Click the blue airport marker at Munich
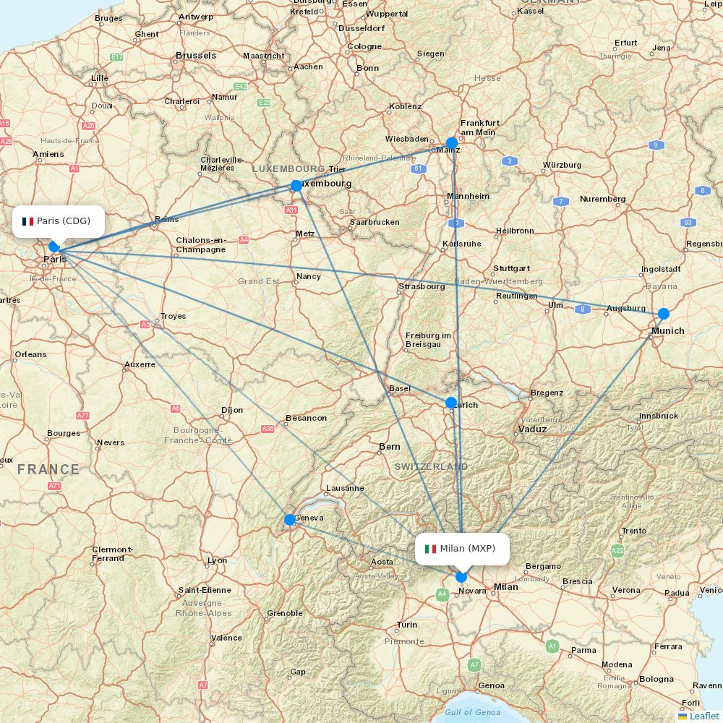(664, 314)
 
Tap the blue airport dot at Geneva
(290, 519)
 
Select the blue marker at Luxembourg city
(296, 186)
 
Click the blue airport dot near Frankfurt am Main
(452, 142)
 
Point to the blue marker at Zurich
(451, 403)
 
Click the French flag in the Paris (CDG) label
(28, 221)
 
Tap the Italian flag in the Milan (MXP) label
(430, 549)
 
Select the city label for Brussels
(196, 56)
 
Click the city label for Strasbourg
(422, 286)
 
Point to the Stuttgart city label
(512, 268)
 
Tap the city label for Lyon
(217, 560)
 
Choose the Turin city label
(406, 625)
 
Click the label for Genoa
(492, 685)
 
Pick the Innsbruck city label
(659, 416)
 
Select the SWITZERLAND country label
(431, 467)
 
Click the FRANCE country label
(48, 470)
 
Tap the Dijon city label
(232, 410)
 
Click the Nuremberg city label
(602, 199)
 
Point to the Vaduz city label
(533, 429)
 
